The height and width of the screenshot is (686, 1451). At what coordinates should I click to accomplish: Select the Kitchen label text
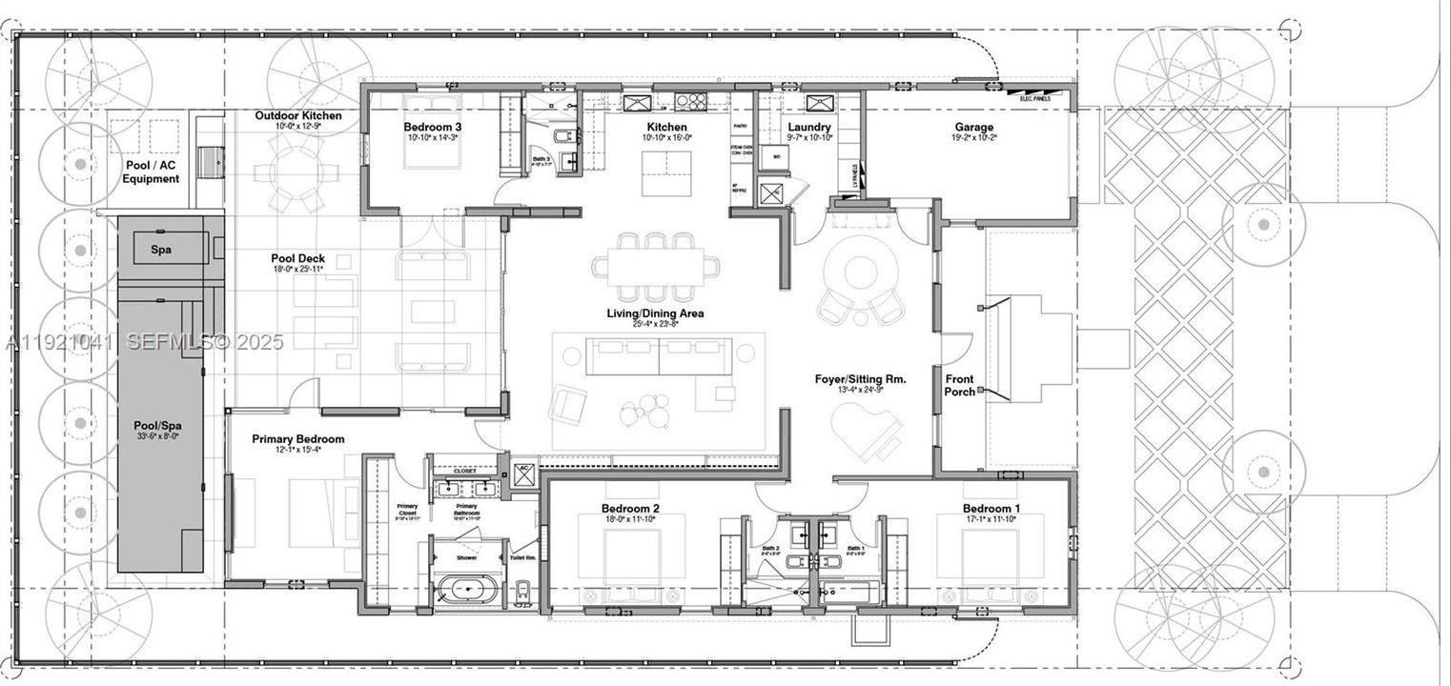[666, 127]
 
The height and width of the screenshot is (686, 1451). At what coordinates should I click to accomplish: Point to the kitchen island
[666, 172]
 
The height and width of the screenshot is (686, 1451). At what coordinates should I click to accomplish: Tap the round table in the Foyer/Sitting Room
[862, 269]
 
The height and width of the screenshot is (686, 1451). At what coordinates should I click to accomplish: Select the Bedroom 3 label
[433, 127]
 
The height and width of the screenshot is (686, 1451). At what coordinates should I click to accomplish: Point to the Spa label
[161, 250]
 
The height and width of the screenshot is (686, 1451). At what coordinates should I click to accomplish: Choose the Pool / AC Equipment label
[151, 171]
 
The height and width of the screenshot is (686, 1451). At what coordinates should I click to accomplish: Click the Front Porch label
[959, 385]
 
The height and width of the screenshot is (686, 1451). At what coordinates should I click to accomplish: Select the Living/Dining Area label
[655, 313]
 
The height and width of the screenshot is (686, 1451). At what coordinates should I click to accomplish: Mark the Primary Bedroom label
[297, 439]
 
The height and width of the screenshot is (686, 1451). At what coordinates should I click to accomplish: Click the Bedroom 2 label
[630, 508]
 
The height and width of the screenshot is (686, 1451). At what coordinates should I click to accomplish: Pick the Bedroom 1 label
[991, 508]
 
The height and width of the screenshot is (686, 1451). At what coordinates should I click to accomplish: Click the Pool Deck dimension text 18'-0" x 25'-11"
[298, 270]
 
